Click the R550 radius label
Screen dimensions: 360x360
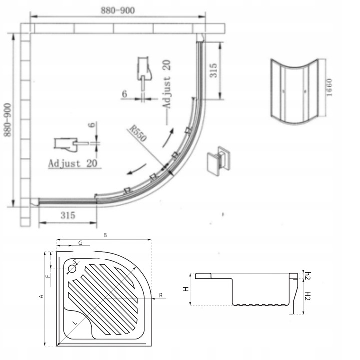pyautogui.click(x=138, y=133)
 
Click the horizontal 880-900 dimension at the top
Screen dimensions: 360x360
pyautogui.click(x=118, y=10)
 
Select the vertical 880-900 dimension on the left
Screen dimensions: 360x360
pyautogui.click(x=8, y=120)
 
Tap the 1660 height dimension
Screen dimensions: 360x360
pyautogui.click(x=329, y=87)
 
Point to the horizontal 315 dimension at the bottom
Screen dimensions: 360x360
pyautogui.click(x=68, y=215)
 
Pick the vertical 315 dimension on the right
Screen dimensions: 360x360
pyautogui.click(x=213, y=70)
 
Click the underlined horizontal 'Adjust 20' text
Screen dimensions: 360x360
pyautogui.click(x=73, y=163)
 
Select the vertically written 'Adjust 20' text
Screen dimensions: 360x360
pyautogui.click(x=167, y=84)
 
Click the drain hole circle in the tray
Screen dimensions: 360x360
pyautogui.click(x=72, y=269)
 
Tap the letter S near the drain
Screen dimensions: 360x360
pyautogui.click(x=75, y=262)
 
